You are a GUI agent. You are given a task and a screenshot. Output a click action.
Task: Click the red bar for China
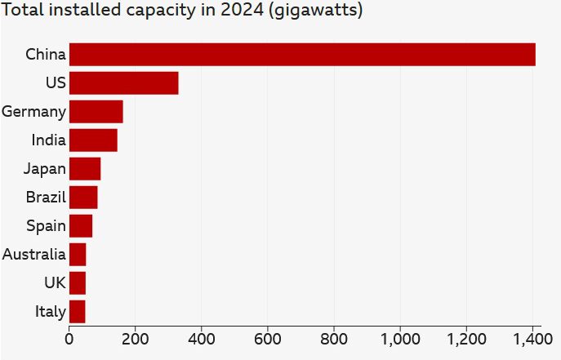coord(302,55)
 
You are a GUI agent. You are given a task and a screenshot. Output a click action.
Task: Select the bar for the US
coord(124,83)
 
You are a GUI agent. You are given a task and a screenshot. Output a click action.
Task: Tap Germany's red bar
coord(96,112)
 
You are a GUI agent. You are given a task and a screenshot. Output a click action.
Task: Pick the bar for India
coord(93,140)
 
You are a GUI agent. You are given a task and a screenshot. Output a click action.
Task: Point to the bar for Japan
coord(85,169)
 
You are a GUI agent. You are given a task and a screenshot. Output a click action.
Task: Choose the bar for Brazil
coord(83,198)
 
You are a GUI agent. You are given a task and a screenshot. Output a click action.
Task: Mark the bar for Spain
coord(81,226)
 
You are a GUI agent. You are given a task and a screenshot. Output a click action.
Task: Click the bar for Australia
coord(78,255)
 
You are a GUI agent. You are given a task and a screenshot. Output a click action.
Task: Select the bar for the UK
coord(78,283)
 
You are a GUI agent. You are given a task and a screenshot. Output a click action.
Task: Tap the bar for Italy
coord(78,312)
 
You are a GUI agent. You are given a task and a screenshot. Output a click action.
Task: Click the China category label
coord(46,55)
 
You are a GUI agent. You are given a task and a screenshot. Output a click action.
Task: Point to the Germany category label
coord(33,112)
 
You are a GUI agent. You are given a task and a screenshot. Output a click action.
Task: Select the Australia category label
coord(33,255)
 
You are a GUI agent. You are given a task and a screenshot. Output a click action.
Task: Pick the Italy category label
coord(51,312)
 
